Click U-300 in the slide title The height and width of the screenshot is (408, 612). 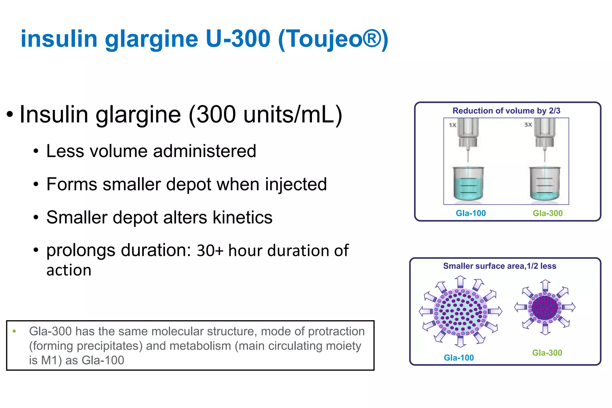click(238, 39)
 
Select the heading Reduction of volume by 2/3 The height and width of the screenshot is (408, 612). click(506, 111)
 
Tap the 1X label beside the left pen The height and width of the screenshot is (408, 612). click(452, 125)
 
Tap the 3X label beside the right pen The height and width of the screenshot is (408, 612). click(528, 125)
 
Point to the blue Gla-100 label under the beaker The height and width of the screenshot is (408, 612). click(471, 213)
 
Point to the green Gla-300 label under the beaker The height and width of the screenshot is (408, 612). click(547, 213)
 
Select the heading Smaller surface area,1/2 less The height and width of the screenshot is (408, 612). click(499, 266)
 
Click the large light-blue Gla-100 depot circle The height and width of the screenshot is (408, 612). click(460, 312)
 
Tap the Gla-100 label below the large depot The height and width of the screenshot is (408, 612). click(459, 358)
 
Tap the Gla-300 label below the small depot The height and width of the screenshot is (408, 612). click(547, 353)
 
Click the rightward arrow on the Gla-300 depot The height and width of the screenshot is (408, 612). click(569, 307)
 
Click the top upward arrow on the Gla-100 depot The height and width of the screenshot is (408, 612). click(460, 281)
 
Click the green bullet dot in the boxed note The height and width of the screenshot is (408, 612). click(14, 331)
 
